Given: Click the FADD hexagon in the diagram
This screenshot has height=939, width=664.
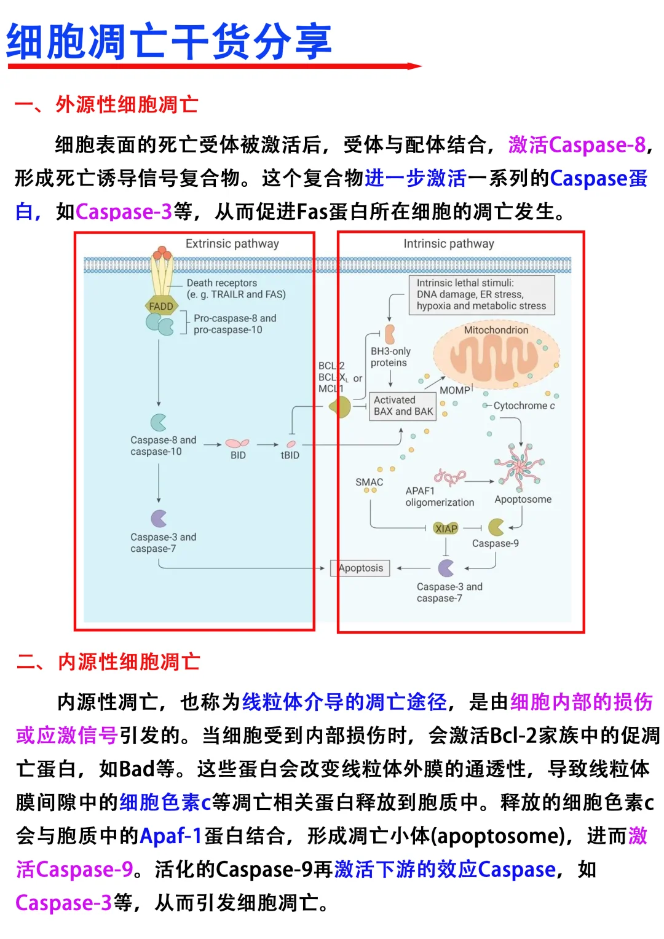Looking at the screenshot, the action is click(161, 306).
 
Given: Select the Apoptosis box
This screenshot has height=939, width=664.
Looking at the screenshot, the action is click(360, 568).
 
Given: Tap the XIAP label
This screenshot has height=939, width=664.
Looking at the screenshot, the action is click(446, 528).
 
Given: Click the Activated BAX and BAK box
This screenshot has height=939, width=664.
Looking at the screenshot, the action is click(403, 406).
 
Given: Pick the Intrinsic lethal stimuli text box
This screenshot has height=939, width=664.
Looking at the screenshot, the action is click(481, 295).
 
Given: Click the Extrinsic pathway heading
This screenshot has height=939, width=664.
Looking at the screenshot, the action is click(232, 244).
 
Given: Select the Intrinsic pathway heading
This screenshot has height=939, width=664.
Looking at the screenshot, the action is click(449, 244).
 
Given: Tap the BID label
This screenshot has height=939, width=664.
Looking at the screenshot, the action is click(238, 455).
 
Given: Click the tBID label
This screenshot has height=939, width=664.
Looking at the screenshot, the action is click(290, 455).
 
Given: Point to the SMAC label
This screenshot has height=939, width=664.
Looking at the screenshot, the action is click(369, 482).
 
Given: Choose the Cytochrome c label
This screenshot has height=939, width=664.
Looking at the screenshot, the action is click(524, 406).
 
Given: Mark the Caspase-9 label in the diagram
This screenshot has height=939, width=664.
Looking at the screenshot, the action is click(496, 544).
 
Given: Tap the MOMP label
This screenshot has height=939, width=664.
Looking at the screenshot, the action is click(455, 391).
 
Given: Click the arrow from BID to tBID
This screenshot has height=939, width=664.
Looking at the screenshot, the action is click(267, 444).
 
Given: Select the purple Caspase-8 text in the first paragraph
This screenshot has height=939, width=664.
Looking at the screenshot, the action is click(598, 145).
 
